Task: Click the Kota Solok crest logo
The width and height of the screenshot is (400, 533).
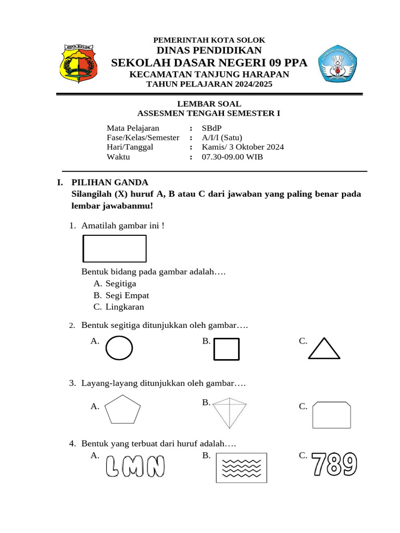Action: click(78, 64)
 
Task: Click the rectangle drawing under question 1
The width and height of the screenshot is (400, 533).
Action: click(115, 248)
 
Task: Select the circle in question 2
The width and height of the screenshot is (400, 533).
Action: click(119, 348)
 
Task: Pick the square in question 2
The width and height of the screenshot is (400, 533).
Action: click(227, 349)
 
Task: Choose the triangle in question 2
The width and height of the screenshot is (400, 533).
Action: click(324, 349)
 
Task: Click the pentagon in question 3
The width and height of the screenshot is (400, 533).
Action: click(122, 409)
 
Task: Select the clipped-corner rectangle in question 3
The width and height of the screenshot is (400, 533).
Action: click(332, 414)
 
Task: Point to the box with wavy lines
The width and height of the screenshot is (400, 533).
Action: click(241, 467)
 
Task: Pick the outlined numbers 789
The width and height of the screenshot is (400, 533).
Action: click(335, 464)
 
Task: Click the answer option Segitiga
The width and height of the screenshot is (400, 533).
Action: click(120, 284)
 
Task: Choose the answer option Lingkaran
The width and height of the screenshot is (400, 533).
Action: click(124, 307)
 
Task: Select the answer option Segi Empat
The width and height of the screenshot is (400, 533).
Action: click(127, 295)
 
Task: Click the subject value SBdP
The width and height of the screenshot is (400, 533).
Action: click(211, 128)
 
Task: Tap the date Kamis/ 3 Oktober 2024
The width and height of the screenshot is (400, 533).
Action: click(243, 147)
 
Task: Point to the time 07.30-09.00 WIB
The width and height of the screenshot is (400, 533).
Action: click(232, 157)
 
